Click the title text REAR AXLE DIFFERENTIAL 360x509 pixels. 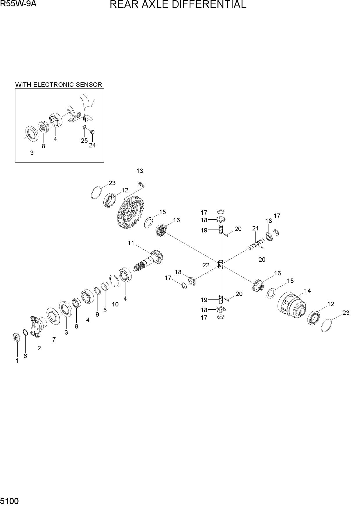[178, 5]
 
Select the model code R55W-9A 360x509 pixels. [18, 4]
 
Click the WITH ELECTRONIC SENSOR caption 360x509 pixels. [59, 85]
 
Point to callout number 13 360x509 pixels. [140, 171]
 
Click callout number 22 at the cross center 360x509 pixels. [206, 265]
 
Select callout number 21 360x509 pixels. [255, 228]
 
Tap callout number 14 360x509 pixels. [307, 290]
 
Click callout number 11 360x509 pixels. [131, 243]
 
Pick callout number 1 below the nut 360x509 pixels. [17, 361]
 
